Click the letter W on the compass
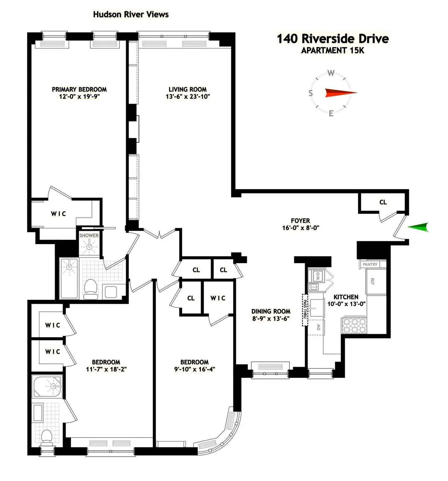pyautogui.click(x=331, y=73)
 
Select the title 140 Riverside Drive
pyautogui.click(x=333, y=38)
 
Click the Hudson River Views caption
pyautogui.click(x=131, y=15)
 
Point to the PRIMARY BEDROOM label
pyautogui.click(x=79, y=89)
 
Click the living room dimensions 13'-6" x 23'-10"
pyautogui.click(x=188, y=96)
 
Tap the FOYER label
pyautogui.click(x=301, y=221)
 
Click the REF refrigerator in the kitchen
pyautogui.click(x=372, y=281)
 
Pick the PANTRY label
pyautogui.click(x=370, y=264)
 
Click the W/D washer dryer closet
pyautogui.click(x=318, y=277)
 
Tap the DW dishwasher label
pyautogui.click(x=318, y=327)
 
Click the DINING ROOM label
pyautogui.click(x=271, y=311)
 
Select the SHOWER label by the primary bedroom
pyautogui.click(x=89, y=235)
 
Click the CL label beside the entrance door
pyautogui.click(x=383, y=202)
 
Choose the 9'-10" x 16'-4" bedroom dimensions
pyautogui.click(x=195, y=369)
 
